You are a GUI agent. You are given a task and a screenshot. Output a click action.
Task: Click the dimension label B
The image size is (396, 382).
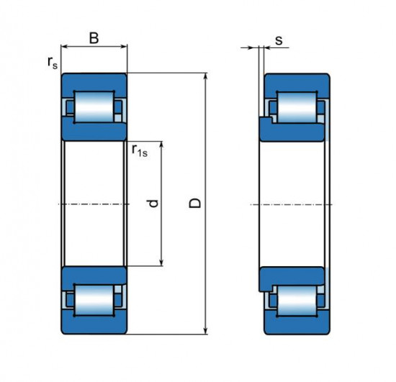point(94,38)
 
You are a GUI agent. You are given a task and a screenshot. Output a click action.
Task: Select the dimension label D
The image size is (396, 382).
point(195,203)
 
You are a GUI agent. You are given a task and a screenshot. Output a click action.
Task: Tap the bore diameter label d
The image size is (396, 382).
point(153,204)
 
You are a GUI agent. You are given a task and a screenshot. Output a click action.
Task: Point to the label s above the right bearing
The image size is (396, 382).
point(279,40)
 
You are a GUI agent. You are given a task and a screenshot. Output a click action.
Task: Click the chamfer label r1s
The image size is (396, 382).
point(140,150)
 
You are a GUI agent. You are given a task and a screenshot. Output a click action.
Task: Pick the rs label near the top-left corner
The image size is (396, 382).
point(53,63)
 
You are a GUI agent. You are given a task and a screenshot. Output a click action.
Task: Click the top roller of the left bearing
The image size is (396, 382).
point(94,107)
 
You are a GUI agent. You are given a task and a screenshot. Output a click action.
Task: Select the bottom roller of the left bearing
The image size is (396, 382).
point(94,300)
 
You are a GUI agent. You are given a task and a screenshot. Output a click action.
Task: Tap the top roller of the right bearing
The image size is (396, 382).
point(297,107)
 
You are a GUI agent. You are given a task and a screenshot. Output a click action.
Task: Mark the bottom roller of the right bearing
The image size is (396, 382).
point(297,301)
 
